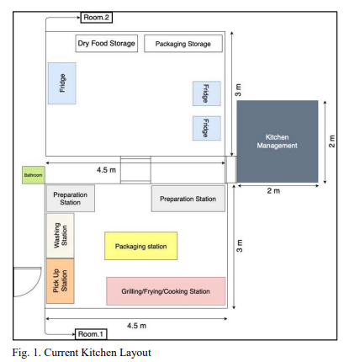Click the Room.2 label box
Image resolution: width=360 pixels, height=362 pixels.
point(96,18)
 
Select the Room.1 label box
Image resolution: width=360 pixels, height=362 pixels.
point(91,334)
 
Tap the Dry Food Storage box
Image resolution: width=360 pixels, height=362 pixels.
point(107,44)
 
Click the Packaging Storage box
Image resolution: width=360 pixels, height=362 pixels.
point(183,44)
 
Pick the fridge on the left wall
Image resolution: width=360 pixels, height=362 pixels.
point(62,83)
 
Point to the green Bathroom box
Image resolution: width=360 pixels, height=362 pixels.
point(34,175)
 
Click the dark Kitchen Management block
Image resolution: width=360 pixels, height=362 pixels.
point(278,141)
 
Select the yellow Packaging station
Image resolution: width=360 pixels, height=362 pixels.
point(141,246)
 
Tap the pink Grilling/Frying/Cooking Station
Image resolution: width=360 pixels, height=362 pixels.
point(166,291)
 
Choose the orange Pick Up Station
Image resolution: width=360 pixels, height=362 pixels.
point(61,281)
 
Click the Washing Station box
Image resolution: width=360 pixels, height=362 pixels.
point(61,236)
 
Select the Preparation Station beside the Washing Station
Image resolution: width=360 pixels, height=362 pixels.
point(71,198)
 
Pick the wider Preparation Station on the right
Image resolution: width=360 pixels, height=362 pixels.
point(188,199)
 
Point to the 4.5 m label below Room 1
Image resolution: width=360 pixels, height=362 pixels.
point(136,326)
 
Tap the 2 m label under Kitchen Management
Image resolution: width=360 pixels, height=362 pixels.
point(273,191)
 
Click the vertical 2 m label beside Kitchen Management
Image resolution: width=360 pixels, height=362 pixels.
point(331,141)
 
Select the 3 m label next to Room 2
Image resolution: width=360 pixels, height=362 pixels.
point(238,90)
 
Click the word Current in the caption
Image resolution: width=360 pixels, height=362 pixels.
point(61,353)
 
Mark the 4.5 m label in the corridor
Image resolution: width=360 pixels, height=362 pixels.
point(106,170)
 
